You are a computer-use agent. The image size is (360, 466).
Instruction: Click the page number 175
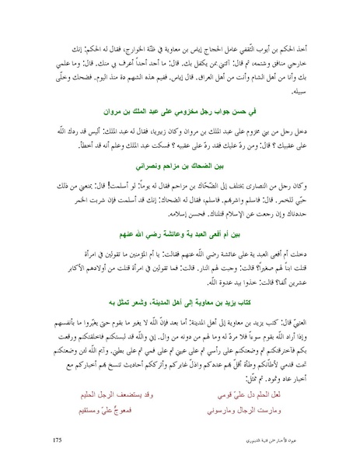(58, 441)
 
